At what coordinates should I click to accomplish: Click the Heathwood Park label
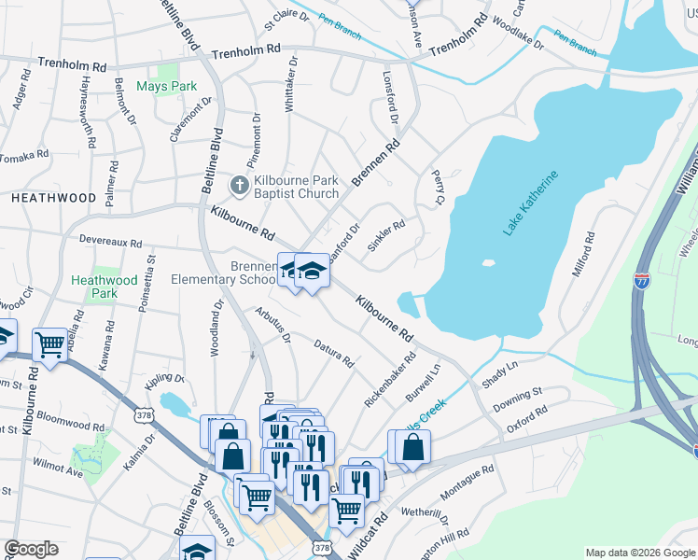(x=105, y=286)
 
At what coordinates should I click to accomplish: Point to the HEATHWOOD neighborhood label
(x=53, y=198)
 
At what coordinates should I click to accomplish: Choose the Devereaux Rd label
(x=111, y=242)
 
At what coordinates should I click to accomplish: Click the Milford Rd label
(x=583, y=255)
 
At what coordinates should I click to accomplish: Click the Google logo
(x=32, y=549)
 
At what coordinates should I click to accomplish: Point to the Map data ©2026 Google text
(x=639, y=553)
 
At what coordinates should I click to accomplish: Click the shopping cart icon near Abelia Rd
(x=49, y=343)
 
